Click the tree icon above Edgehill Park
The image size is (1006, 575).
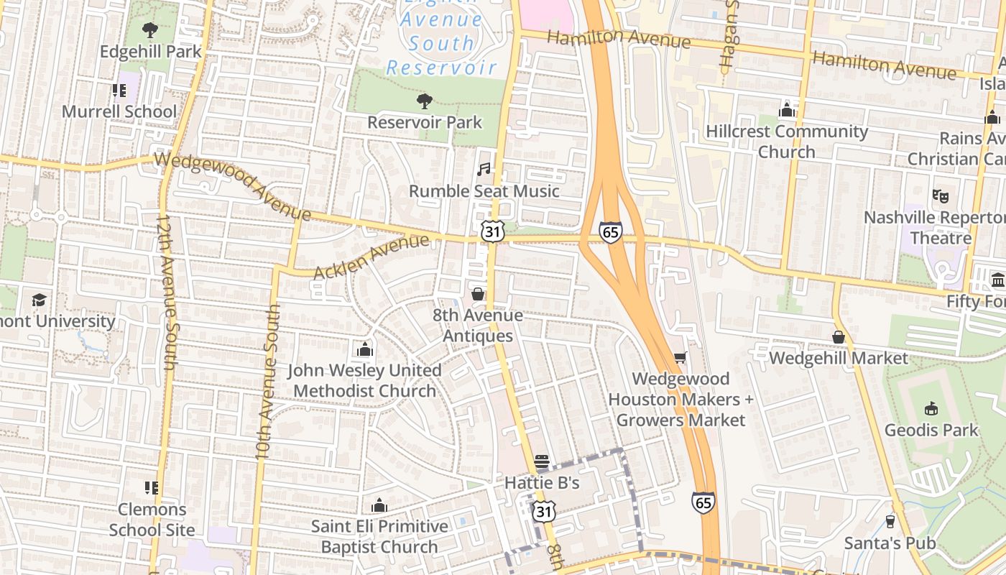pyautogui.click(x=149, y=30)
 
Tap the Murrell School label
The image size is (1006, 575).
pyautogui.click(x=119, y=111)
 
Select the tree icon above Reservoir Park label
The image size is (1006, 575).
pyautogui.click(x=425, y=101)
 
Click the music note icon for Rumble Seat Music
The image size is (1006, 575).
pyautogui.click(x=484, y=170)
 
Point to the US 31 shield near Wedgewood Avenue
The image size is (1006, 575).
pyautogui.click(x=493, y=231)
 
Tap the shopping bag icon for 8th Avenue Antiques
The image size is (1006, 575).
pyautogui.click(x=477, y=294)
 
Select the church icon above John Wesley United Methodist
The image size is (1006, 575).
pyautogui.click(x=365, y=350)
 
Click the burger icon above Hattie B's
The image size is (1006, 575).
pyautogui.click(x=542, y=461)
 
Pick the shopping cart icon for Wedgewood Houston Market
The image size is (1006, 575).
pyautogui.click(x=680, y=357)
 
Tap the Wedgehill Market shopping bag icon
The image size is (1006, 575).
pyautogui.click(x=838, y=337)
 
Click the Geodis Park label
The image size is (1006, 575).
pyautogui.click(x=931, y=430)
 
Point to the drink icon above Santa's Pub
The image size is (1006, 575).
pyautogui.click(x=890, y=522)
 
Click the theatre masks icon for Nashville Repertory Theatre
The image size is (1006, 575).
pyautogui.click(x=940, y=195)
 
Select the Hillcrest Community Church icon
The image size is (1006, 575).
pyautogui.click(x=787, y=110)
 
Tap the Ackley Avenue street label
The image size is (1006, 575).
pyautogui.click(x=372, y=257)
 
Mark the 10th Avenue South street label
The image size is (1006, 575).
pyautogui.click(x=267, y=381)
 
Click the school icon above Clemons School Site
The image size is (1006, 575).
pyautogui.click(x=151, y=488)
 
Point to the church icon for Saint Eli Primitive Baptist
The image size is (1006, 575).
pyautogui.click(x=379, y=505)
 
